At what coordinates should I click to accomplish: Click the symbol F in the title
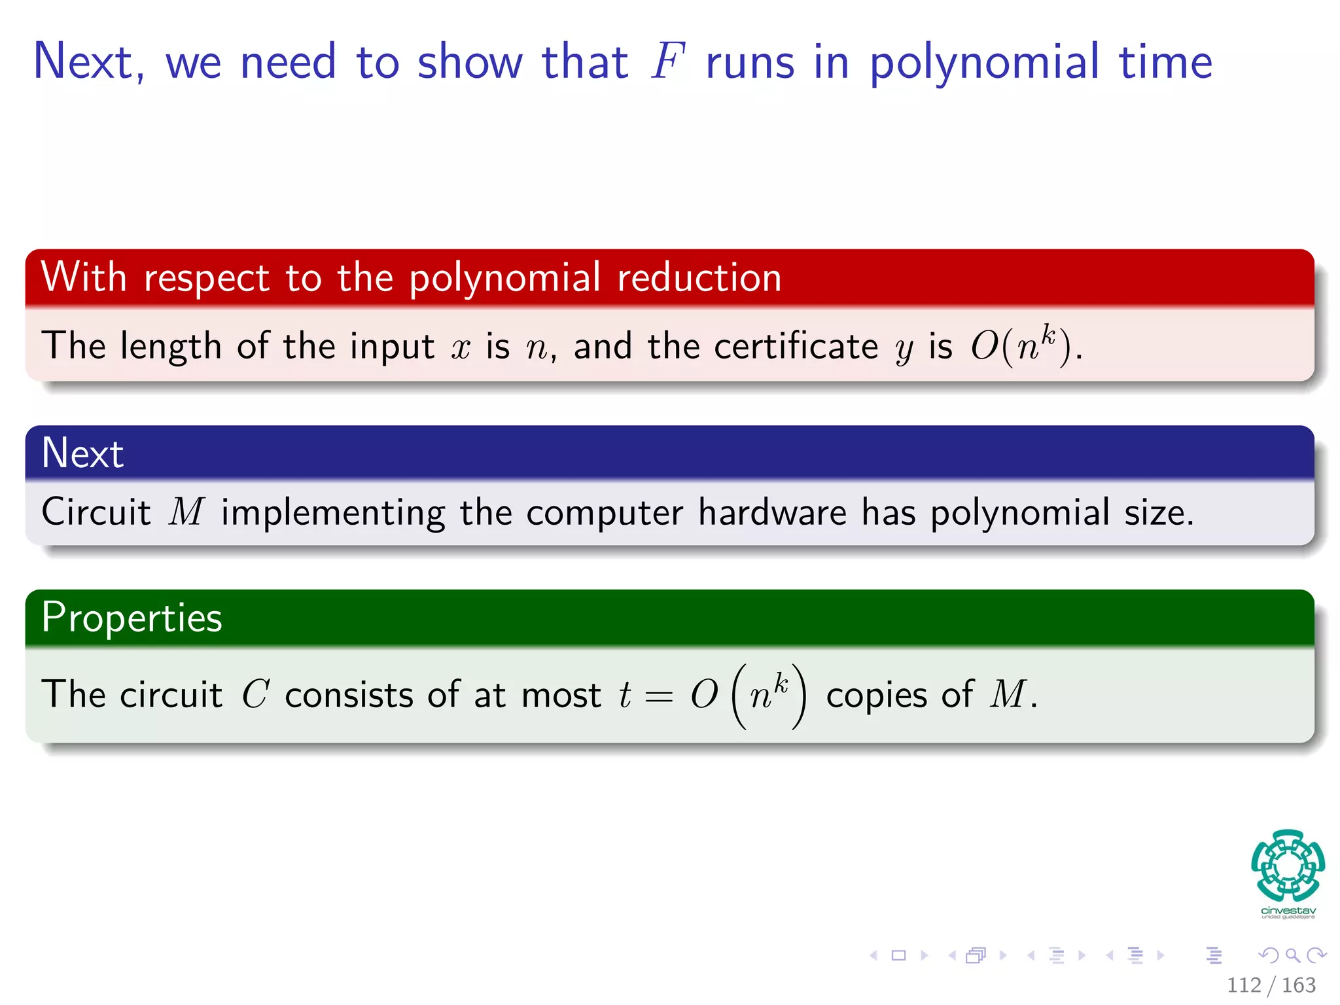668,62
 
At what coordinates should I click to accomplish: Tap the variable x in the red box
461,347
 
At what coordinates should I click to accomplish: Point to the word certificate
796,346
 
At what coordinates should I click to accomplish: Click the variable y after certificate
904,349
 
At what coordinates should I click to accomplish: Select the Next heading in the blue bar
82,453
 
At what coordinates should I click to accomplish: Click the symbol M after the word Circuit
186,512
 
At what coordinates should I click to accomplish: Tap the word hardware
772,512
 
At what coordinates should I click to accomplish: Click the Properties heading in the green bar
132,618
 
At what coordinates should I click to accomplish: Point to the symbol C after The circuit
255,694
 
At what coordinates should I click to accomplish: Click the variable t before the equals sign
625,694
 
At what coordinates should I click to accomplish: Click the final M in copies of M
1008,694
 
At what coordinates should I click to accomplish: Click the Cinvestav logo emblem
1288,866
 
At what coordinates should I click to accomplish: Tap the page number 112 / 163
1271,985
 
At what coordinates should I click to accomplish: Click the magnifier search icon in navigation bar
1292,956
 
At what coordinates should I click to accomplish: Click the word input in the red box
392,347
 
